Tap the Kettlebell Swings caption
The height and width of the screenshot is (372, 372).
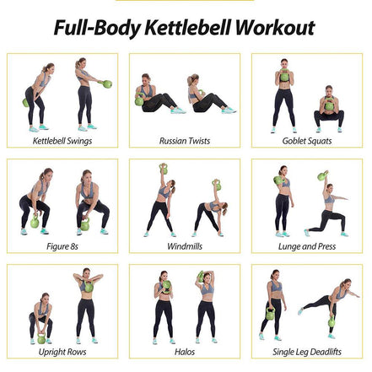[62, 140]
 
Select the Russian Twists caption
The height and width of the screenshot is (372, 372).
[185, 140]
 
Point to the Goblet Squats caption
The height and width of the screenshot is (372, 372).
[306, 140]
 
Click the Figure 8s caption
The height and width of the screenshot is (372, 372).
[62, 247]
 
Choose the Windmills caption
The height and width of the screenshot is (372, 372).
[185, 247]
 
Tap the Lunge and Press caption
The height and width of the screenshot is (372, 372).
[306, 247]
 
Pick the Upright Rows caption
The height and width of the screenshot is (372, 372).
[62, 353]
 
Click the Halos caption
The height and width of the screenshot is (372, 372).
[185, 353]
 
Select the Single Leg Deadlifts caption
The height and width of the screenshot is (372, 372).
[306, 353]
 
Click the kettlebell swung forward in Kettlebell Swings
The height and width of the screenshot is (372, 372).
[107, 84]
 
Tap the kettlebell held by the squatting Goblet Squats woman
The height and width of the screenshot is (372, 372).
[327, 105]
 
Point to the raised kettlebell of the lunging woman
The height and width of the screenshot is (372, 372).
[323, 176]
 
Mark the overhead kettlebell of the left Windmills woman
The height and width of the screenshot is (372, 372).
[164, 170]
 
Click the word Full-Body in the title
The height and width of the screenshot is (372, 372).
[93, 27]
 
